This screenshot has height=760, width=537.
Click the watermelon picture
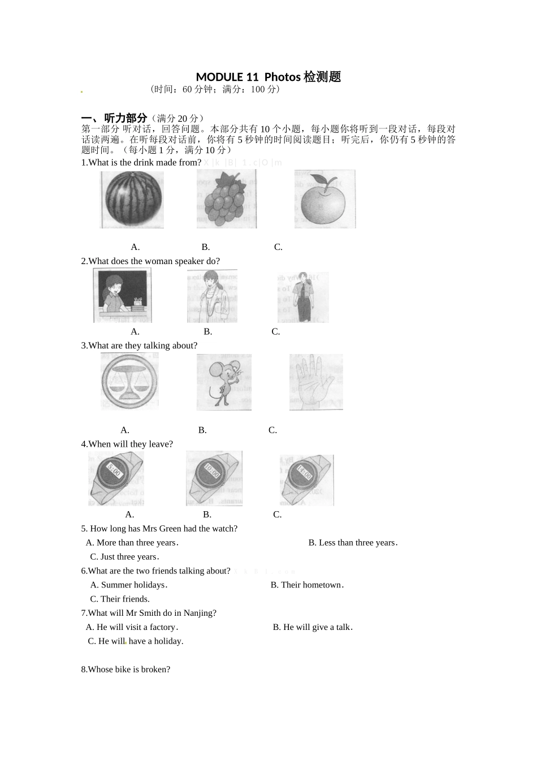pos(132,200)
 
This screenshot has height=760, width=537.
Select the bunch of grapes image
pos(226,199)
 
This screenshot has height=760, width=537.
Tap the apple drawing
pos(324,199)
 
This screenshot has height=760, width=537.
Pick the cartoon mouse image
pos(224,382)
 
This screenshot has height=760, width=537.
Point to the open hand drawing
pos(315,382)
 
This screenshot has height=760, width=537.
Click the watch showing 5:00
pos(116,478)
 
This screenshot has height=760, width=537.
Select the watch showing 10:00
pos(214,478)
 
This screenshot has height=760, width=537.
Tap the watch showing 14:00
pos(306,480)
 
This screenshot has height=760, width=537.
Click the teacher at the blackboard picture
pos(122,296)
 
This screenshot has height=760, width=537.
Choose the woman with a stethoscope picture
pos(212,296)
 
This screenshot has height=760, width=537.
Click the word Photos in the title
pos(282,77)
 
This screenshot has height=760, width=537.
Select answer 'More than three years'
pos(136,543)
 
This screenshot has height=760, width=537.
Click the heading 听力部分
pos(125,118)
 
